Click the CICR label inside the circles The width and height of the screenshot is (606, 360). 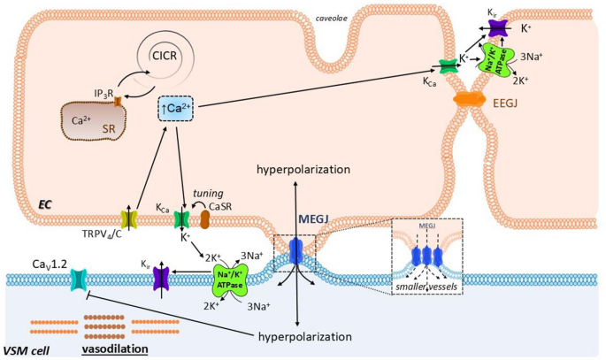[x=165, y=56]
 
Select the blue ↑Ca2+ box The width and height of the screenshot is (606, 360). [x=175, y=109]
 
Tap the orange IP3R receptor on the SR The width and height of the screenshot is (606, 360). [x=118, y=101]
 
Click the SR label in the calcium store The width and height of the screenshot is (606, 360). [x=109, y=128]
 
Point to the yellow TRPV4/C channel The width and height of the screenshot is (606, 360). [x=129, y=219]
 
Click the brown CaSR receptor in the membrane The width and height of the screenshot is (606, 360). [x=204, y=219]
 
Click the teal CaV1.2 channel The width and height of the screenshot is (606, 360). [x=79, y=280]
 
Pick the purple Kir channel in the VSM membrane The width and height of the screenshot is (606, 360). [x=162, y=278]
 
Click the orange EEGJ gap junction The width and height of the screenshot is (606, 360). [x=469, y=99]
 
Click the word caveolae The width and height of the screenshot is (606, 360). [x=331, y=18]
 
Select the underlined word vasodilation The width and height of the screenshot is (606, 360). [x=115, y=349]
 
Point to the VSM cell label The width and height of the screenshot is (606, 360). [x=27, y=351]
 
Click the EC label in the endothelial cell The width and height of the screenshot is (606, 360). [x=45, y=204]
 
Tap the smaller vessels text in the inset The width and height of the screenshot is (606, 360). [x=426, y=287]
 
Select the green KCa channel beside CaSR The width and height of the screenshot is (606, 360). [x=181, y=219]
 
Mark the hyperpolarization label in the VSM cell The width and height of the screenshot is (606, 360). [x=305, y=336]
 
